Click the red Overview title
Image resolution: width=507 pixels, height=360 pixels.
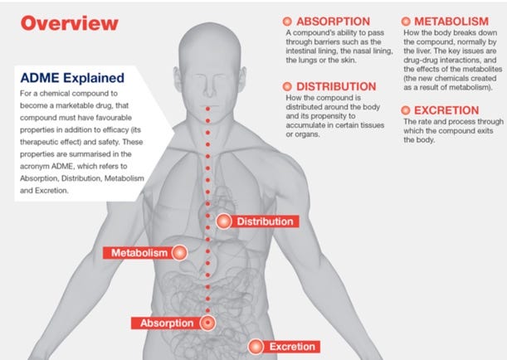tap(70, 23)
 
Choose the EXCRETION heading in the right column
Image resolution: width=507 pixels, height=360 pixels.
tap(451, 109)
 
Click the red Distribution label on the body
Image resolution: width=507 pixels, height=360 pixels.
tap(265, 221)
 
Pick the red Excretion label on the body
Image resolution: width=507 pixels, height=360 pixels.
tap(290, 346)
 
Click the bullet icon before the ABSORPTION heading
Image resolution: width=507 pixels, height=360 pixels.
tap(287, 20)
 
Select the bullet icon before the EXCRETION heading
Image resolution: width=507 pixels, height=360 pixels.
tap(407, 109)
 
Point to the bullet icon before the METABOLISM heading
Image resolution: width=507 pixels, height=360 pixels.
tap(407, 20)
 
